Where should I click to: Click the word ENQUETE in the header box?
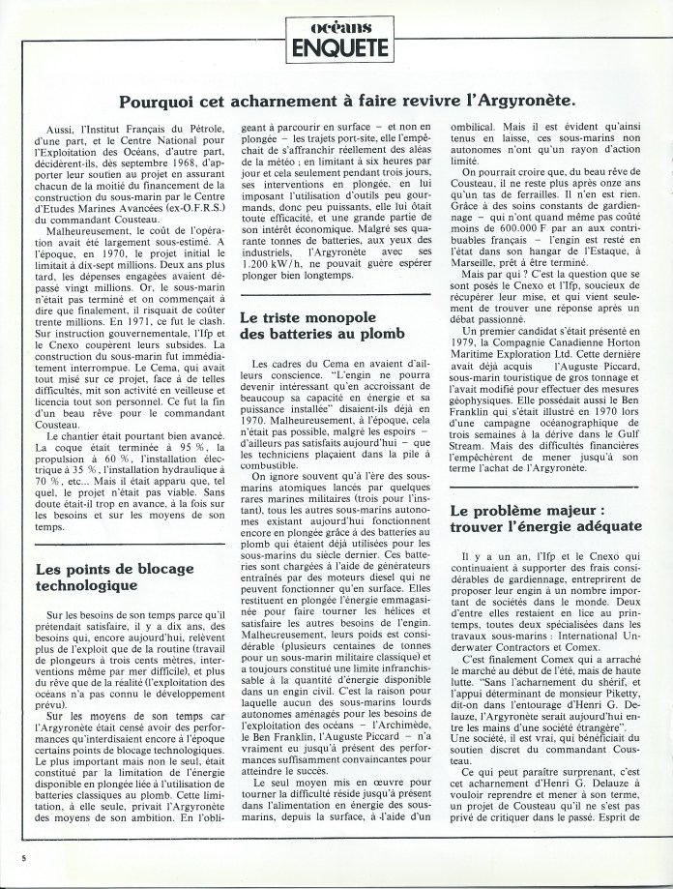point(336,45)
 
